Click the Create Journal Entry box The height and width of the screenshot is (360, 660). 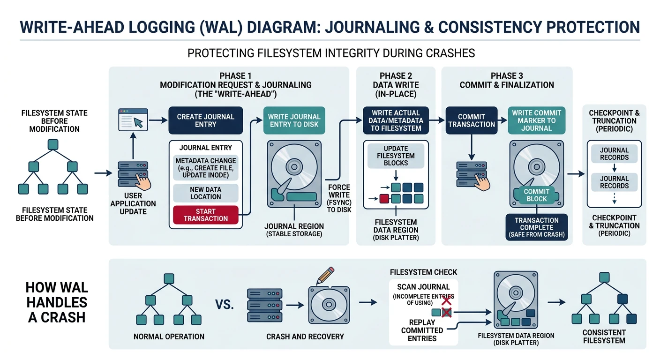(206, 120)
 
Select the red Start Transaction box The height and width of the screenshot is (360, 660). (206, 215)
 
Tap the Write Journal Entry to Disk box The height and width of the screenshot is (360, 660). (294, 120)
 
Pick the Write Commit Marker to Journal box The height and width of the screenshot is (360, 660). (536, 120)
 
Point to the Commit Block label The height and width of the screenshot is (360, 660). (537, 195)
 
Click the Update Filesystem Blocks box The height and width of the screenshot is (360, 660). (396, 156)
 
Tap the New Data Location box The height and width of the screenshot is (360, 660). (206, 193)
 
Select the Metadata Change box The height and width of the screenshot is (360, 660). (206, 168)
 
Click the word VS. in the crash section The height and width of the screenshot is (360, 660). (225, 305)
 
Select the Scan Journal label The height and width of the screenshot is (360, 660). (423, 287)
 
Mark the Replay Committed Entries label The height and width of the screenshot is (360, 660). (422, 330)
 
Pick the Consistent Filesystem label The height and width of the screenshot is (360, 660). (604, 336)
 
